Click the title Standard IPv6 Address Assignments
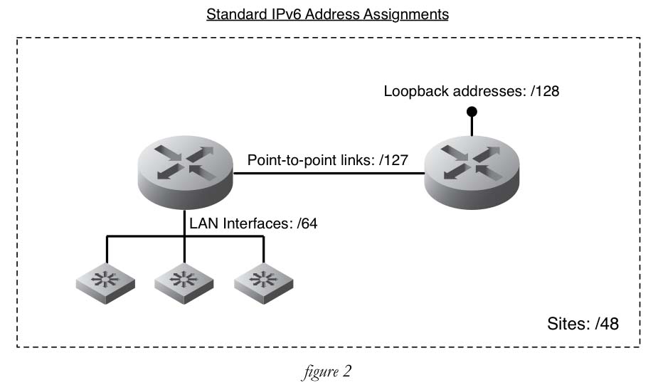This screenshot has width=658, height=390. point(327,14)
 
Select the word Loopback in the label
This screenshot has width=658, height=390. point(411,92)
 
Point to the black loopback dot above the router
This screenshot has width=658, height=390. point(471,112)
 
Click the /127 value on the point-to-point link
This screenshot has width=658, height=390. point(393,160)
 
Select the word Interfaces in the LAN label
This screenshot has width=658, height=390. point(257,223)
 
